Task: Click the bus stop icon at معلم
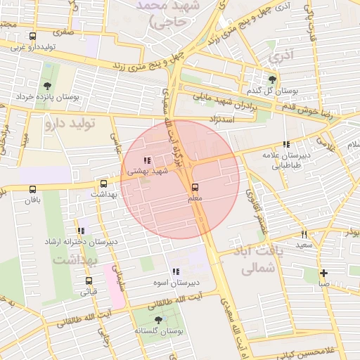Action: click(195, 187)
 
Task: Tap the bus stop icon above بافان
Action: click(32, 188)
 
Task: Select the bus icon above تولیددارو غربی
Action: click(32, 37)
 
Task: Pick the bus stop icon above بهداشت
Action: click(104, 183)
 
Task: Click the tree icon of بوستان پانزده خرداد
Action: click(49, 86)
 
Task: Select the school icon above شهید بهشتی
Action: click(146, 160)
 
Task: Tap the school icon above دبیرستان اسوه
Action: click(175, 271)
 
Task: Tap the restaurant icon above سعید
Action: click(304, 234)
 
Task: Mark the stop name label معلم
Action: click(195, 199)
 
